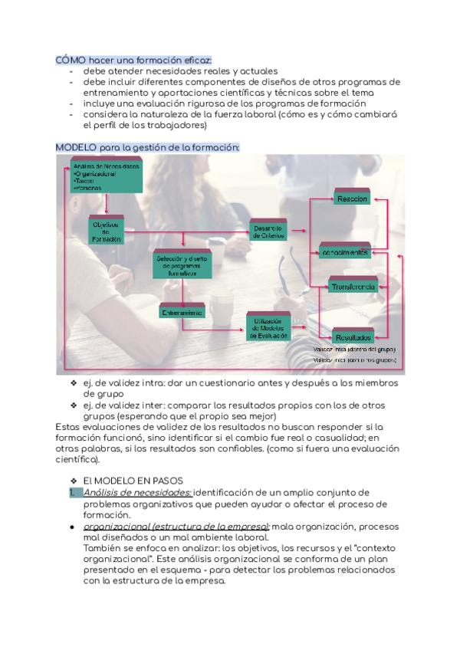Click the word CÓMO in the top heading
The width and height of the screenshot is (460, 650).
[71, 60]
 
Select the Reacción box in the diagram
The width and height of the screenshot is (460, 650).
[352, 199]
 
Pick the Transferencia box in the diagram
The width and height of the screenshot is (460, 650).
[352, 286]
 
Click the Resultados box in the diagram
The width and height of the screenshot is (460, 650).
[352, 336]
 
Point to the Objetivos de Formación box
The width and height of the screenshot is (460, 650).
[107, 231]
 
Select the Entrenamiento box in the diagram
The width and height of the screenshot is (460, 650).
[182, 313]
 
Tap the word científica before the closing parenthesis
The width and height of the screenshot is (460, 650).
[77, 461]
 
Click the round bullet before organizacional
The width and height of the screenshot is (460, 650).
[71, 528]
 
